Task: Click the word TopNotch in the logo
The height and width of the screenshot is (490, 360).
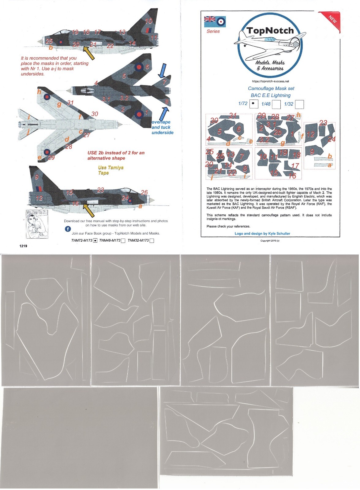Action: [x=270, y=31]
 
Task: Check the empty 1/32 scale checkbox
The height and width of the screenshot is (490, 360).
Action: [x=299, y=104]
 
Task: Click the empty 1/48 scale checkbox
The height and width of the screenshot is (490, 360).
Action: [x=276, y=104]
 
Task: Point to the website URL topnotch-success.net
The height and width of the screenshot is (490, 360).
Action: [x=270, y=81]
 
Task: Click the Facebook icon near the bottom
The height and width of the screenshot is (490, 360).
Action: [x=68, y=229]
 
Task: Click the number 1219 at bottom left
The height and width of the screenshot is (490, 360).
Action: [x=23, y=246]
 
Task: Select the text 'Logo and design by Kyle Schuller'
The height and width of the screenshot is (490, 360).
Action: [x=262, y=233]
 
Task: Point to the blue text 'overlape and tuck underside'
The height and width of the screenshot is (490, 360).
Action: [x=162, y=127]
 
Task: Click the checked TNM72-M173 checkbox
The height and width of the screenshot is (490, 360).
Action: [x=95, y=241]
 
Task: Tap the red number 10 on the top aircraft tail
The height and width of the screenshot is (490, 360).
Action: [x=148, y=21]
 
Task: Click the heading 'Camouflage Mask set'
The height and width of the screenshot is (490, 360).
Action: [x=271, y=89]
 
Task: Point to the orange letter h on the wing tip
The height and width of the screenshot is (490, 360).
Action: [x=39, y=92]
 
